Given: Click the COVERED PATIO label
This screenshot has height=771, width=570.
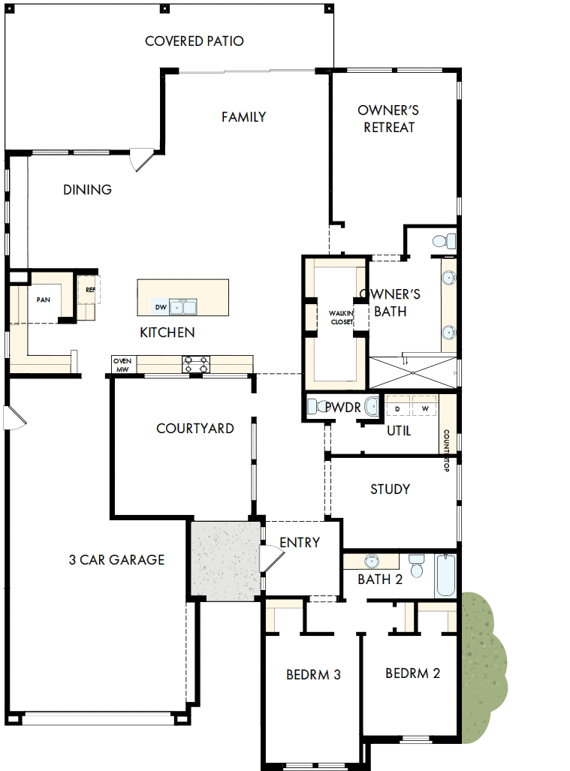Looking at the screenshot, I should (x=194, y=41).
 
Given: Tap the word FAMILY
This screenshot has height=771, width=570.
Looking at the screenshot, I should (x=243, y=117).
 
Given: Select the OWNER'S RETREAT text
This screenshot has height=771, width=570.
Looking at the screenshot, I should (x=388, y=119).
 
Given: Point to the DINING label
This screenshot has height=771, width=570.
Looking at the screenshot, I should (x=87, y=190).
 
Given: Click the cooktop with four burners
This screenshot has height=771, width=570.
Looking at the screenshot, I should (x=196, y=364).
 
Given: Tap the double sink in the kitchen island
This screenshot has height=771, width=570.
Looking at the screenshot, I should (x=182, y=306).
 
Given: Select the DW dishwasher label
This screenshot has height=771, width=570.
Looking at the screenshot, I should (x=160, y=307).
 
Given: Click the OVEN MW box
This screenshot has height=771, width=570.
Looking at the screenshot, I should (x=122, y=364).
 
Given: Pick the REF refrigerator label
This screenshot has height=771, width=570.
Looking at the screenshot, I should (x=90, y=289).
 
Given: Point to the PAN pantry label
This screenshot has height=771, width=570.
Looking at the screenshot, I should (x=43, y=300).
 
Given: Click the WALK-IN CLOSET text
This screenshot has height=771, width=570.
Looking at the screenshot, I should (x=340, y=317).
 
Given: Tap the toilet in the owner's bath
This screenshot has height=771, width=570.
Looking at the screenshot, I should (x=443, y=242).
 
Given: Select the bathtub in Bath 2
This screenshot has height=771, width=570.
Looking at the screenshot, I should (x=445, y=574).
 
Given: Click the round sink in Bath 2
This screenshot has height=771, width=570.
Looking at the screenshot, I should (x=371, y=562).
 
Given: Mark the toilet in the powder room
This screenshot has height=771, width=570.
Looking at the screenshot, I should (x=315, y=406).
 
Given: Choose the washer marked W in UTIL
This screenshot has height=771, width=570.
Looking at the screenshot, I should (x=425, y=408).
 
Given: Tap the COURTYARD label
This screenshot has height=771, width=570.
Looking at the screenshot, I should (x=195, y=429).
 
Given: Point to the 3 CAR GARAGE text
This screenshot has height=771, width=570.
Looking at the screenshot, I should (x=116, y=559).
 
